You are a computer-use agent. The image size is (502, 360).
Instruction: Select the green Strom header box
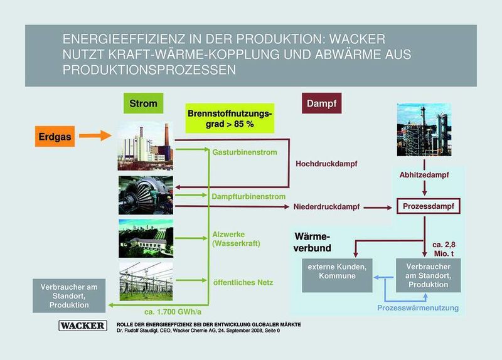143,102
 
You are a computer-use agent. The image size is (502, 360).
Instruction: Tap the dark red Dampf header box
323,102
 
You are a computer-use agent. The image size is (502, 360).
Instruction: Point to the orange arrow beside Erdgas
95,134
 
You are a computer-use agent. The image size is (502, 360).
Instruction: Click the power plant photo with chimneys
145,146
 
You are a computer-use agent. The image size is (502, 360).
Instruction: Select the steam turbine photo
145,194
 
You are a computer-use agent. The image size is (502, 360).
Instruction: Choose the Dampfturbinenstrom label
243,197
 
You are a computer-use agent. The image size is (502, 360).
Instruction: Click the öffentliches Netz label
242,282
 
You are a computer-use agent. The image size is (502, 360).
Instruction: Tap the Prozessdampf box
425,206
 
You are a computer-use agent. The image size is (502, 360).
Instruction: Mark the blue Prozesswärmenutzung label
418,307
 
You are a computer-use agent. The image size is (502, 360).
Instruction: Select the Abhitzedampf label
424,176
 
